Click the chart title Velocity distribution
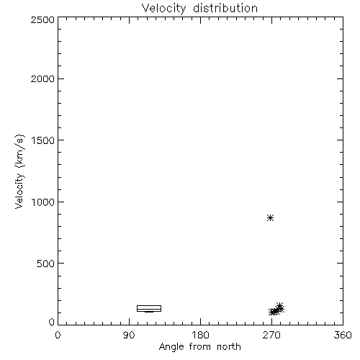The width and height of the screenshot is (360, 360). (199, 9)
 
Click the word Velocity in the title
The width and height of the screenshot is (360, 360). (163, 9)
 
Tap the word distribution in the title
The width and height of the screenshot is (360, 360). (225, 8)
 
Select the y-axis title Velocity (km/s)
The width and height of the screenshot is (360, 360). (19, 171)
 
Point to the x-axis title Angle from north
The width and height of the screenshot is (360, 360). (199, 347)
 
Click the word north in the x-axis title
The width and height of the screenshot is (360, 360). (229, 346)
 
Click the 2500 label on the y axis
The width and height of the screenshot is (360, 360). (42, 19)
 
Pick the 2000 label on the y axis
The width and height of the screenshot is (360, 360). (42, 78)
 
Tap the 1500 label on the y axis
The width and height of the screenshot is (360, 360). (43, 140)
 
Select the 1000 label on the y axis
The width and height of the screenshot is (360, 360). (43, 202)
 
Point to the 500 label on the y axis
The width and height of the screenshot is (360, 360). (46, 264)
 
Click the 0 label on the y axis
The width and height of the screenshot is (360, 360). (52, 322)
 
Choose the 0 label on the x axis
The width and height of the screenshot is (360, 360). (58, 335)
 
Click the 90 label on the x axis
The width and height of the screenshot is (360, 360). (129, 335)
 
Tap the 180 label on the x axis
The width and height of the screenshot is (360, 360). (200, 335)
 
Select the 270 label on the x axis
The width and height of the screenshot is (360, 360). (271, 335)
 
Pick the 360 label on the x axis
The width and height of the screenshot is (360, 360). (343, 335)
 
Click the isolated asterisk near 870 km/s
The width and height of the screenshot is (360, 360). (271, 218)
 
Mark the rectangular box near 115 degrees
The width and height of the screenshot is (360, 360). (149, 306)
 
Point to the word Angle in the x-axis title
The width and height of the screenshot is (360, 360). (171, 347)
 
